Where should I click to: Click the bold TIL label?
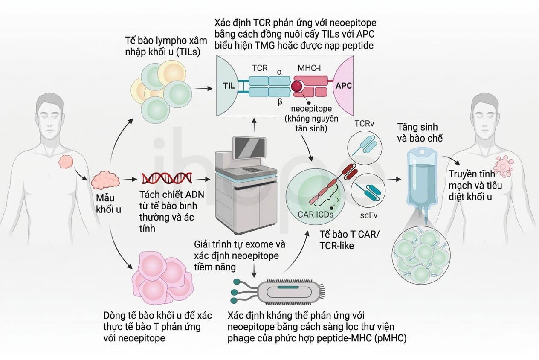tap(229, 86)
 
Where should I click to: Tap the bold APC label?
tap(344, 86)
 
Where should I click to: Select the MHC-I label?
tap(309, 68)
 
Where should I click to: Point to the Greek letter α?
tap(279, 72)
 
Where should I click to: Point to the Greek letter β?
tap(280, 102)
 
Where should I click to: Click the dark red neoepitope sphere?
tap(297, 86)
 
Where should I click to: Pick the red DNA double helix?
tap(167, 178)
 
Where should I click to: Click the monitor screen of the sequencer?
tap(249, 148)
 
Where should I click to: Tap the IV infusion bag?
tap(422, 178)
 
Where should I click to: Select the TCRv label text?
tap(364, 124)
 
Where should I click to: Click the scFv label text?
tap(368, 215)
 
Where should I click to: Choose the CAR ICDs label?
tap(316, 215)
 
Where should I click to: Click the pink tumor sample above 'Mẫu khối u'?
tap(105, 180)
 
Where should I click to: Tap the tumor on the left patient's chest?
tap(66, 162)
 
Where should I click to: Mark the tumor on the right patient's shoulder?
tap(503, 166)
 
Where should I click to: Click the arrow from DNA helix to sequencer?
tap(203, 179)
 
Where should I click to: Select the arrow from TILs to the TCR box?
tap(203, 89)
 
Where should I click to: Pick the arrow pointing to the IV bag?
tap(394, 179)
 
